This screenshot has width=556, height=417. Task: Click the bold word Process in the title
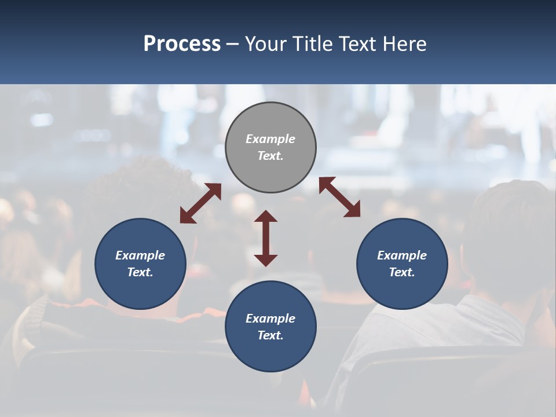[x=182, y=44]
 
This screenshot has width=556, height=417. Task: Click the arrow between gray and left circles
[x=200, y=203]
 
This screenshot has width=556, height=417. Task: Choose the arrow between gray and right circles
[x=339, y=197]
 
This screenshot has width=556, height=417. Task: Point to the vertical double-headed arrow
[x=266, y=238]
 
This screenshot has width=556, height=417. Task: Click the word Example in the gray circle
[x=270, y=139]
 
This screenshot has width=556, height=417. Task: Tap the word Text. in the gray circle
[x=270, y=156]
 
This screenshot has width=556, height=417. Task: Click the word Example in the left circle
[x=140, y=255]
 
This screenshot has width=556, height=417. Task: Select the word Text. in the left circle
[x=140, y=272]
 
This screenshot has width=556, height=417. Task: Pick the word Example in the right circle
[x=402, y=255]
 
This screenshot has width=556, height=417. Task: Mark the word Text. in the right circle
[x=402, y=272]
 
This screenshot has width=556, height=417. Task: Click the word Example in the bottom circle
[x=270, y=319]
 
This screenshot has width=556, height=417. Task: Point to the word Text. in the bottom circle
[x=270, y=335]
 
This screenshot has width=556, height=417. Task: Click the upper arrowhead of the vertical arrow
[x=266, y=216]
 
